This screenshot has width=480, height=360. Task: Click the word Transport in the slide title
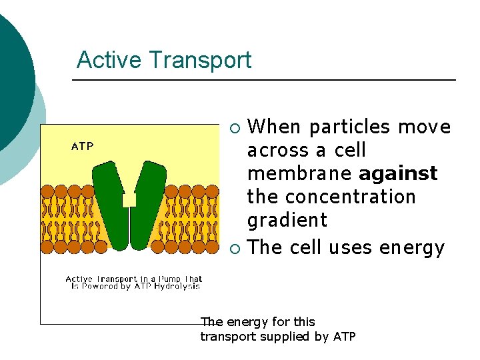(x=199, y=61)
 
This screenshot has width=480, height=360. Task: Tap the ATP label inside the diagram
(x=82, y=146)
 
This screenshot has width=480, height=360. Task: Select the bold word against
(x=398, y=174)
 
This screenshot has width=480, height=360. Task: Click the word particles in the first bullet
(x=350, y=127)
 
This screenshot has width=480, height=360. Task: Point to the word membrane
(x=299, y=174)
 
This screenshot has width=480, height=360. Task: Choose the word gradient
(x=287, y=221)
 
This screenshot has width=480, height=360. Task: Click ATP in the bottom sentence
(x=345, y=337)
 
